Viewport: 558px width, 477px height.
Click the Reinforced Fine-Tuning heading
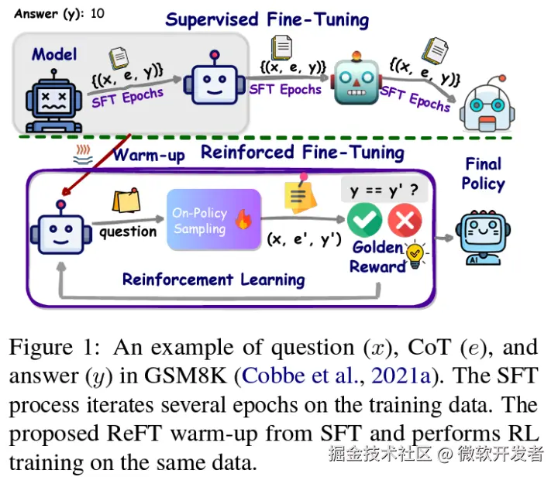302,152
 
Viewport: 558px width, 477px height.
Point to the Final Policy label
483,173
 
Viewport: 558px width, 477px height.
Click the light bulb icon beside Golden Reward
416,254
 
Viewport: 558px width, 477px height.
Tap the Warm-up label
149,155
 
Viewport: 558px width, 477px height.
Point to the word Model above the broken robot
54,54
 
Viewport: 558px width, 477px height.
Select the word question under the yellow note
127,232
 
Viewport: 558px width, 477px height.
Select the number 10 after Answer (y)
98,14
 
